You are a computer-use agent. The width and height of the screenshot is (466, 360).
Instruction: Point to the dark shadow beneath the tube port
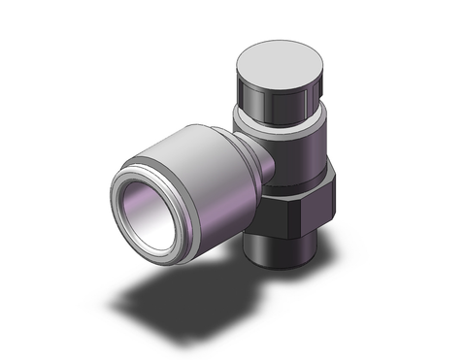click(x=194, y=291)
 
